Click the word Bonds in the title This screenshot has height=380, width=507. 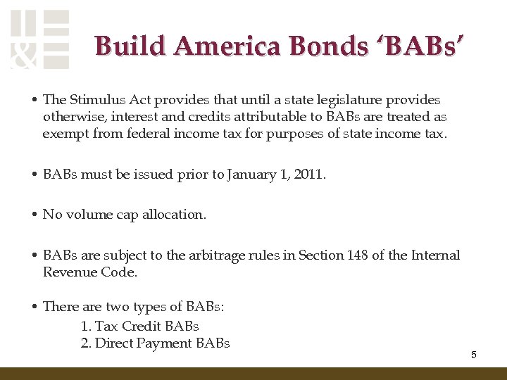click(x=331, y=46)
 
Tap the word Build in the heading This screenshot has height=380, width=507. click(x=131, y=46)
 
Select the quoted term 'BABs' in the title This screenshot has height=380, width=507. click(x=420, y=46)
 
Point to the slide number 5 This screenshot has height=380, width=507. click(x=474, y=355)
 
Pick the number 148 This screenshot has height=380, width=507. click(x=357, y=255)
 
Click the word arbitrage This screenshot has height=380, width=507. click(x=224, y=255)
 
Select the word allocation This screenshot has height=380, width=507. click(x=174, y=215)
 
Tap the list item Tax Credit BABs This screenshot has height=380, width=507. click(x=140, y=326)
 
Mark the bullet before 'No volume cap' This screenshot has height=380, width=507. click(x=35, y=215)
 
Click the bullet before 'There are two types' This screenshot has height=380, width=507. click(x=35, y=306)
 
